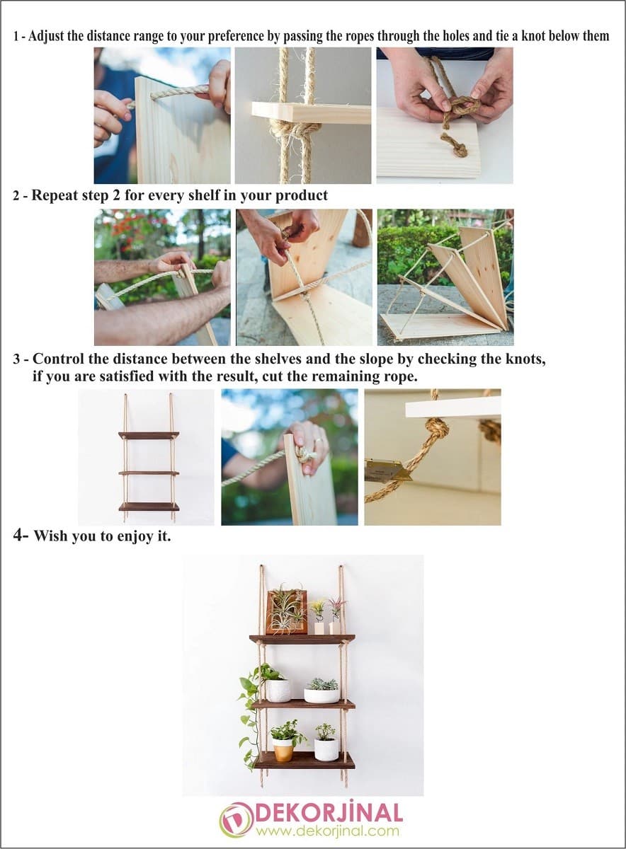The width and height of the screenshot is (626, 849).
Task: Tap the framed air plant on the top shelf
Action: click(286, 611)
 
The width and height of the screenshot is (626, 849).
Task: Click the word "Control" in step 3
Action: click(61, 359)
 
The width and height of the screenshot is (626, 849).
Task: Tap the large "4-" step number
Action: click(21, 535)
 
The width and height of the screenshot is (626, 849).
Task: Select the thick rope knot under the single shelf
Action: click(296, 130)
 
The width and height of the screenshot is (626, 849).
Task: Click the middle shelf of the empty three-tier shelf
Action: click(149, 473)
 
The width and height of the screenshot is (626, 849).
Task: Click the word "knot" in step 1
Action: click(531, 36)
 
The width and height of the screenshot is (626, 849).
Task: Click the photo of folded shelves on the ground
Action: click(445, 277)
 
